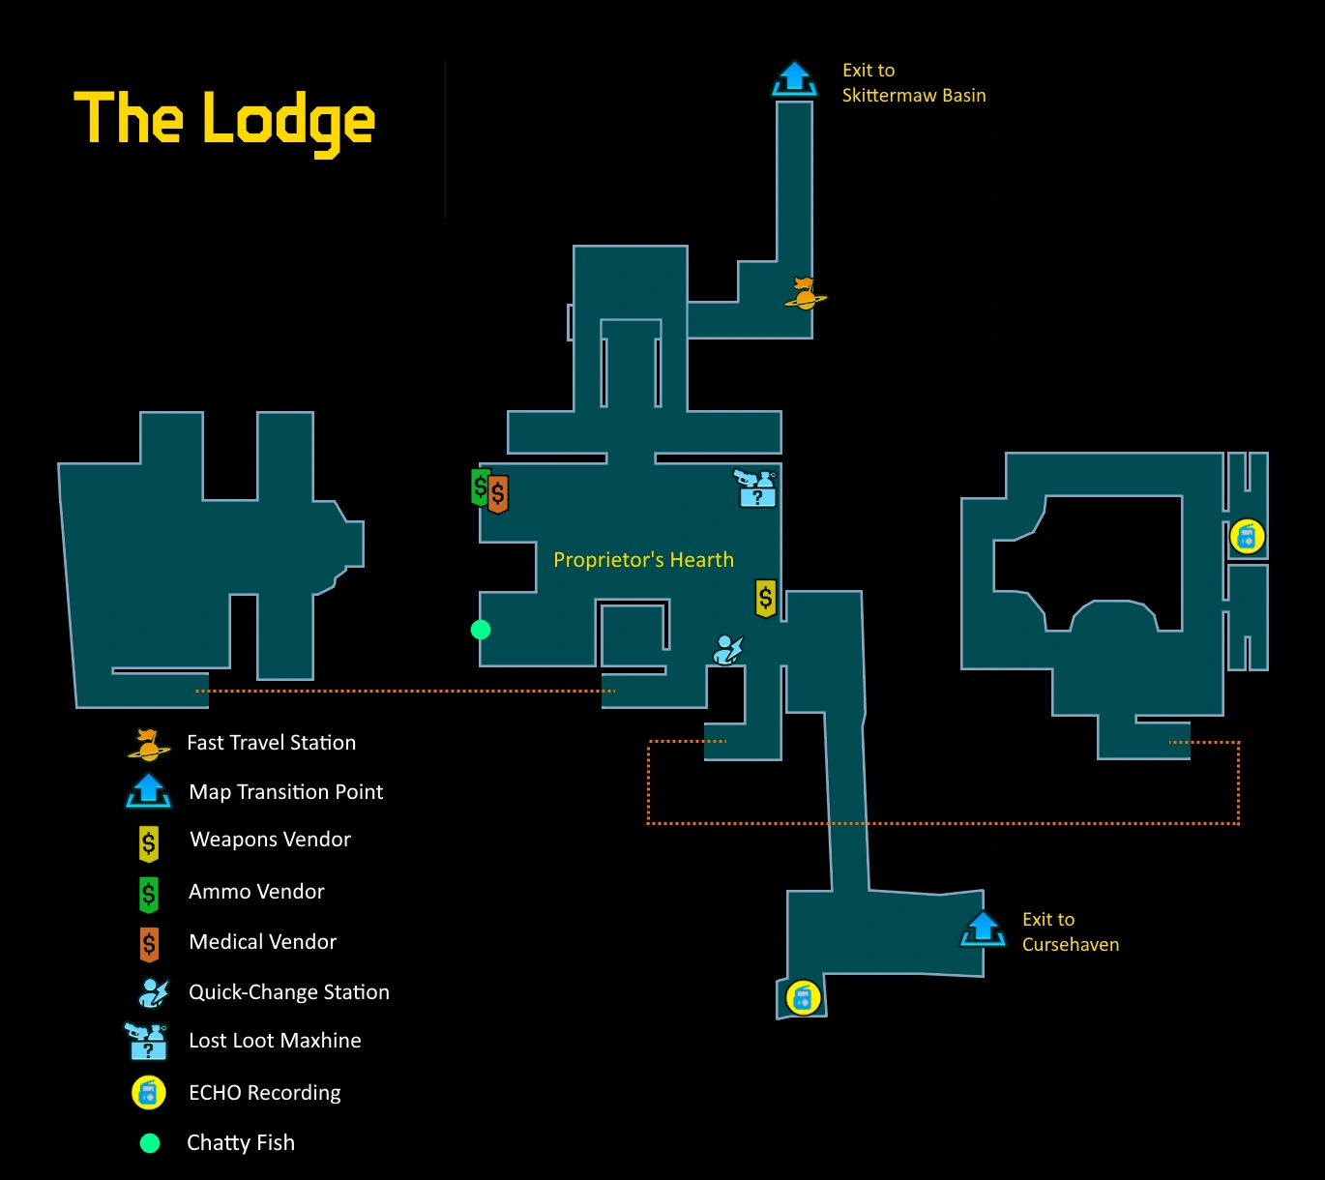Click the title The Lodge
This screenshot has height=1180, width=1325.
click(x=224, y=120)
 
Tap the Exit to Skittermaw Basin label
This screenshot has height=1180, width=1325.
click(x=913, y=83)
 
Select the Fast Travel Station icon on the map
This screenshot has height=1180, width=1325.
click(x=805, y=293)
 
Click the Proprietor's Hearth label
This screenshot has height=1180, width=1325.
click(x=643, y=560)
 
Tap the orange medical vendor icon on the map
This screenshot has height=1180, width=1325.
click(x=498, y=494)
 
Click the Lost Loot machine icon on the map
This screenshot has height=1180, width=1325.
click(x=755, y=488)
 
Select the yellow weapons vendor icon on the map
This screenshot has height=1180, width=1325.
click(x=766, y=599)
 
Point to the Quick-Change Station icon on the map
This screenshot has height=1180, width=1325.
click(x=727, y=649)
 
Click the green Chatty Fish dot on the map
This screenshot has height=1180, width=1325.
click(x=481, y=630)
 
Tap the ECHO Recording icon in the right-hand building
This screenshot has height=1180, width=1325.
click(x=1247, y=537)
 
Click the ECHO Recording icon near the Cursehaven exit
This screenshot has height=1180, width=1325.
click(x=803, y=997)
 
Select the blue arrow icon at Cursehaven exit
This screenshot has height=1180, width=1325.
click(x=983, y=929)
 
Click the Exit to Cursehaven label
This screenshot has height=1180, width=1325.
click(x=1070, y=932)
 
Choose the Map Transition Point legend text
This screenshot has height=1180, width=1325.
click(x=285, y=792)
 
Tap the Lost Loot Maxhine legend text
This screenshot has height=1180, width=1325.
click(x=275, y=1041)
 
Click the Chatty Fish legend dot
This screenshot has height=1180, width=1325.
click(x=150, y=1143)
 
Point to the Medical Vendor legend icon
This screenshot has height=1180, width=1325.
click(x=149, y=943)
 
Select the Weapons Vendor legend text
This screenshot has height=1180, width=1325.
click(x=270, y=840)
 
